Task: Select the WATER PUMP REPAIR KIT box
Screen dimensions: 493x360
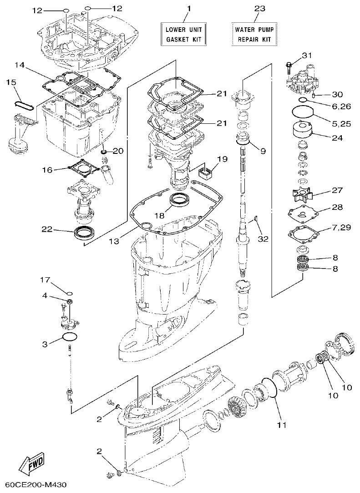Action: coord(254,34)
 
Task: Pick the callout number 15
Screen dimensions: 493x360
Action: coord(11,82)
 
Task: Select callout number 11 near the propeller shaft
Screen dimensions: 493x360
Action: coord(282,425)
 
